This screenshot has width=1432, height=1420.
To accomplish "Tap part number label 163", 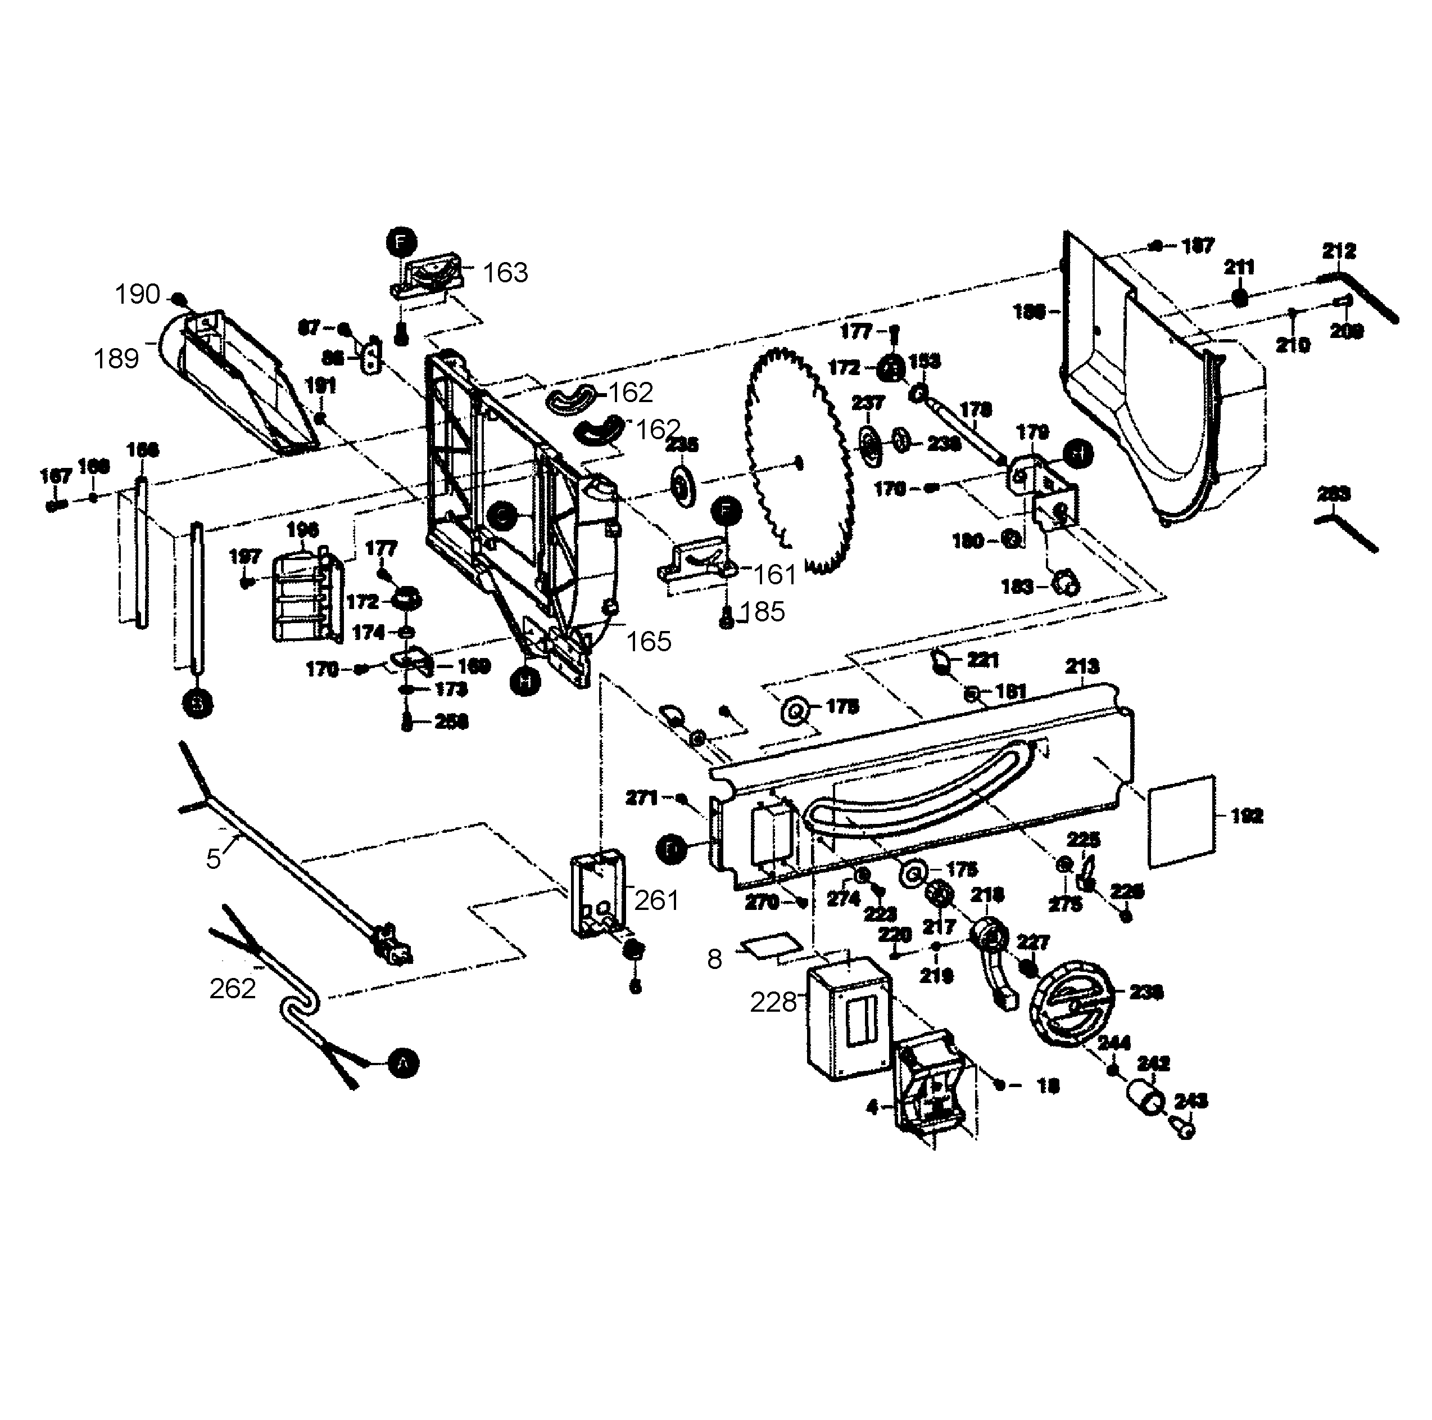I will (505, 273).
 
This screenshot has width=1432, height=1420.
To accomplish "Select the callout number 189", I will (116, 359).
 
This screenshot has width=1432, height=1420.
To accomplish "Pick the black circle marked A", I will (403, 1064).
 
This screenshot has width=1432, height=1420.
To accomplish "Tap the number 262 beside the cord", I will (232, 989).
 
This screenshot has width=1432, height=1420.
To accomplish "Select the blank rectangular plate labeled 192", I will (1181, 821).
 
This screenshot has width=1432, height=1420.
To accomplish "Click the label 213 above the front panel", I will (1082, 666).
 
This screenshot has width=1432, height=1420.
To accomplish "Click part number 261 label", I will (656, 900).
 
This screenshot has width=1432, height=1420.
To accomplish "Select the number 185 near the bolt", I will (762, 612).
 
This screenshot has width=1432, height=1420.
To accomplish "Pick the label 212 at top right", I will (1339, 251).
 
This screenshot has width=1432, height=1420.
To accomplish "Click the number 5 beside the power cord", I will (214, 859).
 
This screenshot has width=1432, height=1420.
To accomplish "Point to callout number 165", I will (649, 642).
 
